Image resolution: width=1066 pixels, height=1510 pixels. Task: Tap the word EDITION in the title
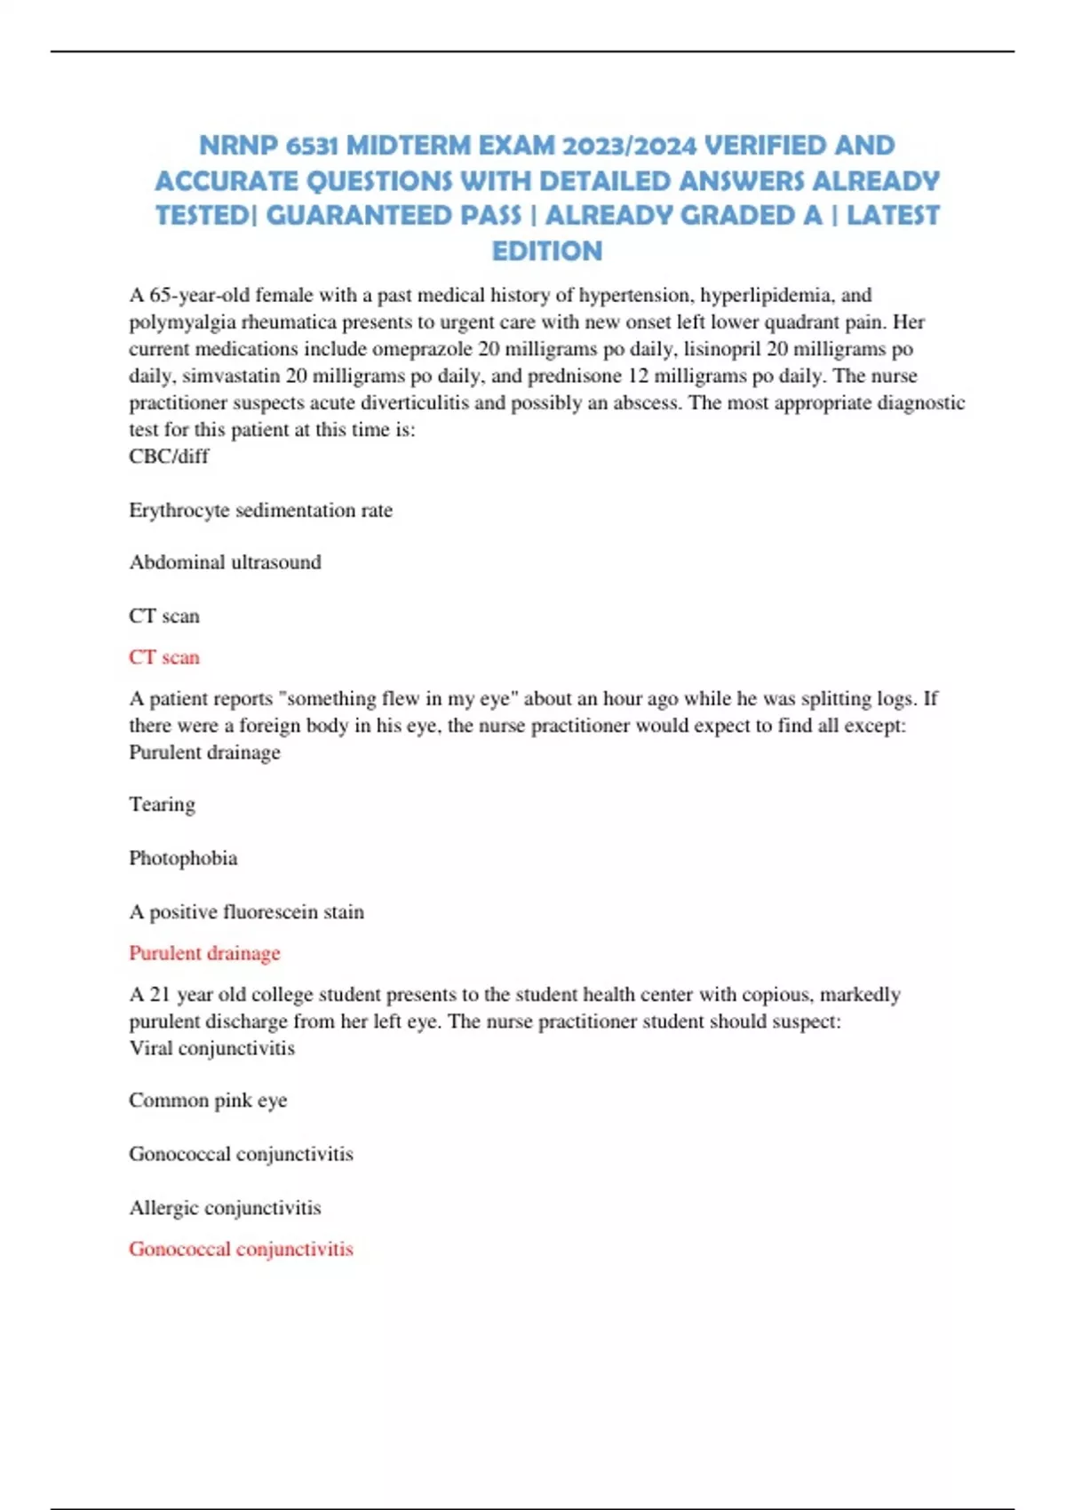[547, 251]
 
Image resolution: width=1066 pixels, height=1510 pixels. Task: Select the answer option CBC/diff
[169, 457]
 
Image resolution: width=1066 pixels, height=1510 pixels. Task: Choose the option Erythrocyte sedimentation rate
[260, 510]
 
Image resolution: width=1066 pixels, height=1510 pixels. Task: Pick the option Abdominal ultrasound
[225, 562]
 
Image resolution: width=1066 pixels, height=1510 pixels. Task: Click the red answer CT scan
[164, 657]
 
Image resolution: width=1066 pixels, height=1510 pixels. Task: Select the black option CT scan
[164, 616]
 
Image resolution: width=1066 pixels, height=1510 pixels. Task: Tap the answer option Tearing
[162, 805]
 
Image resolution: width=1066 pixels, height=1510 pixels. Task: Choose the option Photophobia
[183, 858]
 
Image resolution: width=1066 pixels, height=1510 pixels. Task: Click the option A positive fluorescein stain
[246, 912]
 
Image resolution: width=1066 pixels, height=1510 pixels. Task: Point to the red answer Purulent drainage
[204, 953]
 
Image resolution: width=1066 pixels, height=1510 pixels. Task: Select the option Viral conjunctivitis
[211, 1048]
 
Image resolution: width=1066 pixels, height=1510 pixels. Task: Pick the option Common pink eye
[208, 1101]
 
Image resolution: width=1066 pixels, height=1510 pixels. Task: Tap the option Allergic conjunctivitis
[225, 1208]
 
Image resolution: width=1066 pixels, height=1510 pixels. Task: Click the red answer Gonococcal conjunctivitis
[241, 1249]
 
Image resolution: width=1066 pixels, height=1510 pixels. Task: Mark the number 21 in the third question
[160, 995]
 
